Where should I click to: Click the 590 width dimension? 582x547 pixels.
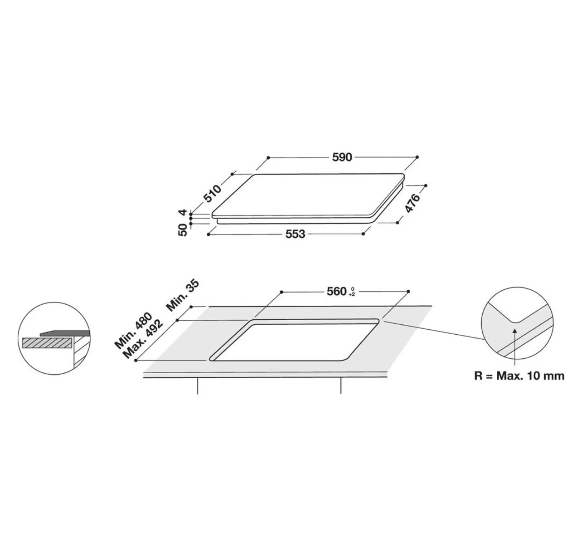342,157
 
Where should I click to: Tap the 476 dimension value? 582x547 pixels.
412,203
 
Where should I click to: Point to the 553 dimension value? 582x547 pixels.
295,234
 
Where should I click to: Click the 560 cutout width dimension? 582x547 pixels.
337,291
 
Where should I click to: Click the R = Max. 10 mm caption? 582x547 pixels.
519,376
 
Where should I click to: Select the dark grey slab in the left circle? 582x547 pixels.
64,333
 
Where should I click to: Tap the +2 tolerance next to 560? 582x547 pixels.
352,294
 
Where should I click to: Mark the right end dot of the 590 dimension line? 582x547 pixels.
417,156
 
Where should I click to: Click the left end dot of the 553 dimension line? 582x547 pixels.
208,234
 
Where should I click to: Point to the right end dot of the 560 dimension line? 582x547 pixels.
409,291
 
